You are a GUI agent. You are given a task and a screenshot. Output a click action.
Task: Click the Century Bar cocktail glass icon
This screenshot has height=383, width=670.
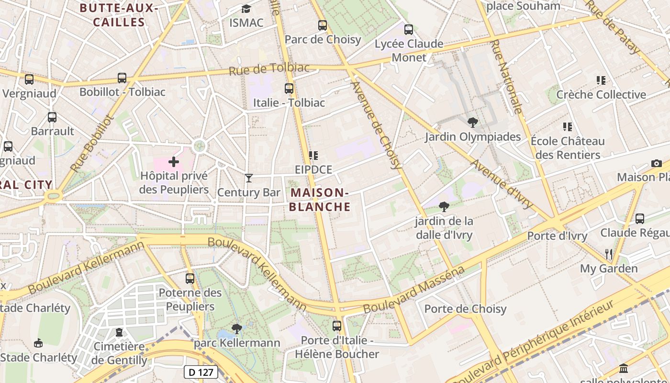(248, 178)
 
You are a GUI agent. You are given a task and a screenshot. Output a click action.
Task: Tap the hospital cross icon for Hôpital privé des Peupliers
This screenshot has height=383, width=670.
(174, 162)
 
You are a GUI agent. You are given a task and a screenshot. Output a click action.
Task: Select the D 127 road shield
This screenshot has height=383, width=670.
(201, 372)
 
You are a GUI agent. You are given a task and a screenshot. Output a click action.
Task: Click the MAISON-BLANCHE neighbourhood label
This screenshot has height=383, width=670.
(320, 200)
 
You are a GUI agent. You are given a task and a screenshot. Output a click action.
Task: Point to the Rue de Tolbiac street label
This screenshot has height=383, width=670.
(269, 69)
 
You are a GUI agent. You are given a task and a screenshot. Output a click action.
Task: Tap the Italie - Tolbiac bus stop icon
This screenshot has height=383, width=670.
(289, 88)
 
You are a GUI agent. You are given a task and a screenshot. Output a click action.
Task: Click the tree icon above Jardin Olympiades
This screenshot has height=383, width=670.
(473, 122)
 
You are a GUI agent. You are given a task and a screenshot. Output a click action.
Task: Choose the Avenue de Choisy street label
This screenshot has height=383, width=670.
(376, 125)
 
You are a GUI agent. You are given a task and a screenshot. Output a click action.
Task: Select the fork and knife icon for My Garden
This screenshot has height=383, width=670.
(609, 253)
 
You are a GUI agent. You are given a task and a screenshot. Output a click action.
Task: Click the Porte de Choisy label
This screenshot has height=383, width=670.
(465, 309)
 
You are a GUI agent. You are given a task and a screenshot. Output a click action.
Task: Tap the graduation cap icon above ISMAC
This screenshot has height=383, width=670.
(246, 9)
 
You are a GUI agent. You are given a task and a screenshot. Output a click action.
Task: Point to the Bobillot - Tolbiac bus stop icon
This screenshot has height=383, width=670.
(122, 78)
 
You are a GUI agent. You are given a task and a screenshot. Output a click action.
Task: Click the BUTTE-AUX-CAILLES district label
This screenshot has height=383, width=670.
(119, 15)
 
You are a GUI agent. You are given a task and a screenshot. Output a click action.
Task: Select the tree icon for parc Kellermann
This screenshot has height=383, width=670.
(236, 328)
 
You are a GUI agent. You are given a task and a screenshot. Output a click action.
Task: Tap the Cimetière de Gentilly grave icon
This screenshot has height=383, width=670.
(119, 332)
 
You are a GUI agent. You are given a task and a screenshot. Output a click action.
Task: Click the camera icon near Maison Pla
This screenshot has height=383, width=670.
(657, 163)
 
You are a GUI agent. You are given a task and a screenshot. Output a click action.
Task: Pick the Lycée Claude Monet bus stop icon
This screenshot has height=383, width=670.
(408, 30)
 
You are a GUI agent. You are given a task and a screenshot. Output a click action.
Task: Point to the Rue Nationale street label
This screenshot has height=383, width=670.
(506, 77)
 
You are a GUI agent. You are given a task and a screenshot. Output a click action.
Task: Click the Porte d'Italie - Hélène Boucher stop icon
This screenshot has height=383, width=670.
(337, 326)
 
